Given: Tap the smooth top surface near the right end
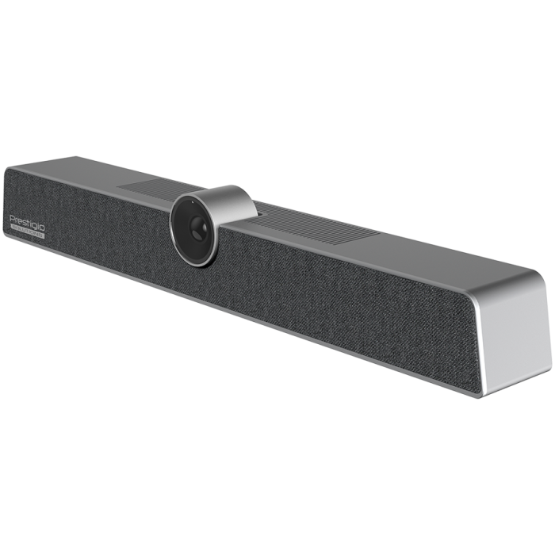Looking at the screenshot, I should coord(444,258).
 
